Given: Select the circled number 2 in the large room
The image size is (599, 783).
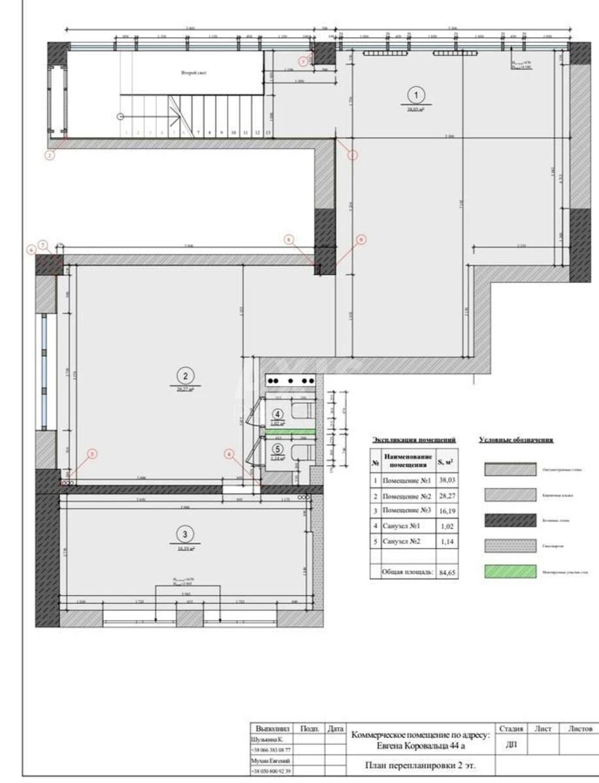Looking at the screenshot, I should click(x=186, y=375).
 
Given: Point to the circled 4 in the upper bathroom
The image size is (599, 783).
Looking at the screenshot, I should click(x=278, y=414).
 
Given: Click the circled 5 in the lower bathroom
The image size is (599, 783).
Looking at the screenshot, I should click(x=278, y=449).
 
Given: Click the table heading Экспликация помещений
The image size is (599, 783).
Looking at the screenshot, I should click(x=414, y=440).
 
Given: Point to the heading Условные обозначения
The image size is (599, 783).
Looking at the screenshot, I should click(x=517, y=440).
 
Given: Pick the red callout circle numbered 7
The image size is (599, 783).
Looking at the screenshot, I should click(x=43, y=244).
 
